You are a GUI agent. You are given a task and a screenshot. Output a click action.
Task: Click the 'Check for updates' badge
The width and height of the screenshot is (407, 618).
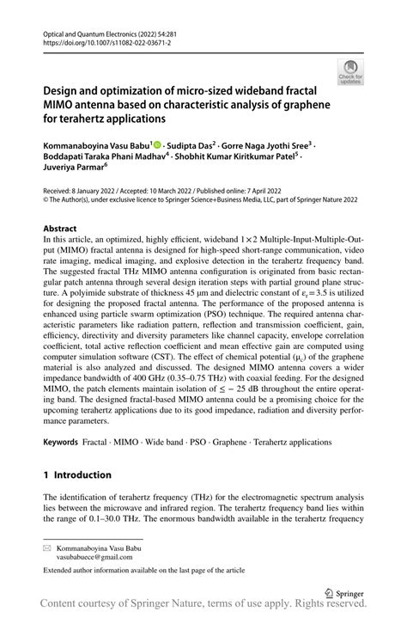pyautogui.click(x=349, y=72)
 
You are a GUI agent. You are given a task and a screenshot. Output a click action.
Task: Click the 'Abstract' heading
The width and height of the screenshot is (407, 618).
pyautogui.click(x=61, y=229)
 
